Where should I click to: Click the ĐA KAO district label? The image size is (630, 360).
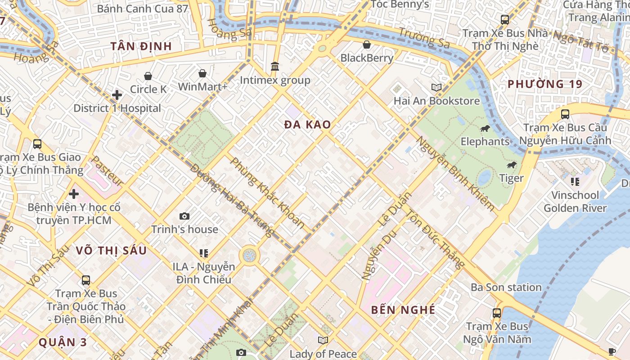tap(308, 125)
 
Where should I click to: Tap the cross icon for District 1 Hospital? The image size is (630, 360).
tap(117, 95)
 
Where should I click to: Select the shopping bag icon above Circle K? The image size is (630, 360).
tap(148, 76)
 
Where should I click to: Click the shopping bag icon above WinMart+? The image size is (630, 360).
tap(202, 73)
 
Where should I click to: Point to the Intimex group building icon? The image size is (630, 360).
tap(275, 67)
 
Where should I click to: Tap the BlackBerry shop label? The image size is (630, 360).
tap(367, 58)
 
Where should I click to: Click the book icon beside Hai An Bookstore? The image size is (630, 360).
tap(436, 87)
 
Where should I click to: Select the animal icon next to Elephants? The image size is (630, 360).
tap(485, 129)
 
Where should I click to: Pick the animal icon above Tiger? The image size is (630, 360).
tap(512, 165)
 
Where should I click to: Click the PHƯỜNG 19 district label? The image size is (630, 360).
tap(545, 84)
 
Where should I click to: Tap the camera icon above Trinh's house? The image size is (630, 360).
tap(184, 216)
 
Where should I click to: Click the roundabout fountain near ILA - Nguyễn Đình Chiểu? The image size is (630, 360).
tap(249, 256)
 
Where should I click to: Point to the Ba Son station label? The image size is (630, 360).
tap(506, 287)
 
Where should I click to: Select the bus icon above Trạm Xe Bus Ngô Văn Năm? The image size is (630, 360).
tap(497, 313)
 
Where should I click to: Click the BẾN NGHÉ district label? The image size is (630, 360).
tap(403, 310)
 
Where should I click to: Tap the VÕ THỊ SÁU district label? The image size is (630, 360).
tap(111, 251)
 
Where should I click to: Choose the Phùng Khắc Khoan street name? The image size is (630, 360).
tap(267, 193)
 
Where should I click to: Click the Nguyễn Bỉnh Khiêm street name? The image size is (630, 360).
tap(454, 173)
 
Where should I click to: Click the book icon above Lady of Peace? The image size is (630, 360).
tap(323, 340)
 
